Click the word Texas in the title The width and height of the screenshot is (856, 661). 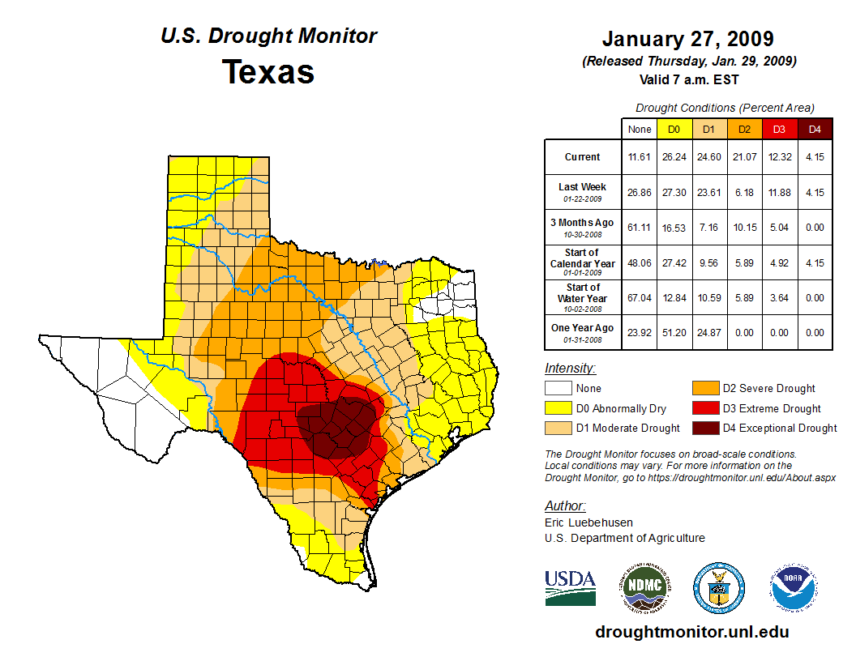tap(268, 72)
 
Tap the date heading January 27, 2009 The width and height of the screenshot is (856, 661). tap(687, 39)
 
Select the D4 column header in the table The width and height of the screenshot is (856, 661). tap(815, 130)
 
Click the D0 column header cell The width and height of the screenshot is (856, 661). tap(674, 130)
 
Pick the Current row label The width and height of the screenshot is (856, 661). tap(583, 157)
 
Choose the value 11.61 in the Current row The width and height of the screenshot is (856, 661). tap(640, 157)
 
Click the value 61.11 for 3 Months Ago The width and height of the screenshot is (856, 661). tap(640, 227)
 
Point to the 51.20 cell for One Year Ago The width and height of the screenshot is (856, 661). tap(674, 332)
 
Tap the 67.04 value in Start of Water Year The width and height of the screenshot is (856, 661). tap(640, 297)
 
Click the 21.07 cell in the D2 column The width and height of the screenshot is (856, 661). tap(743, 157)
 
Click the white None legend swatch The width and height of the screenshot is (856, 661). tap(557, 389)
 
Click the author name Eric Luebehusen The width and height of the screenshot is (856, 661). tap(588, 522)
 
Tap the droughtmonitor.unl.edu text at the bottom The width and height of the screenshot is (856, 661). tap(691, 632)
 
